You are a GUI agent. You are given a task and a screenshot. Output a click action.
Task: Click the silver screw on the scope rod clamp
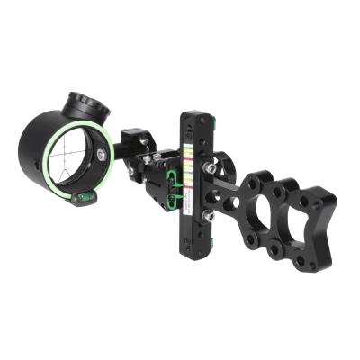(144, 140)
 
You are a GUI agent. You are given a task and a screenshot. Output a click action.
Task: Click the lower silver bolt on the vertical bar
(207, 215)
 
